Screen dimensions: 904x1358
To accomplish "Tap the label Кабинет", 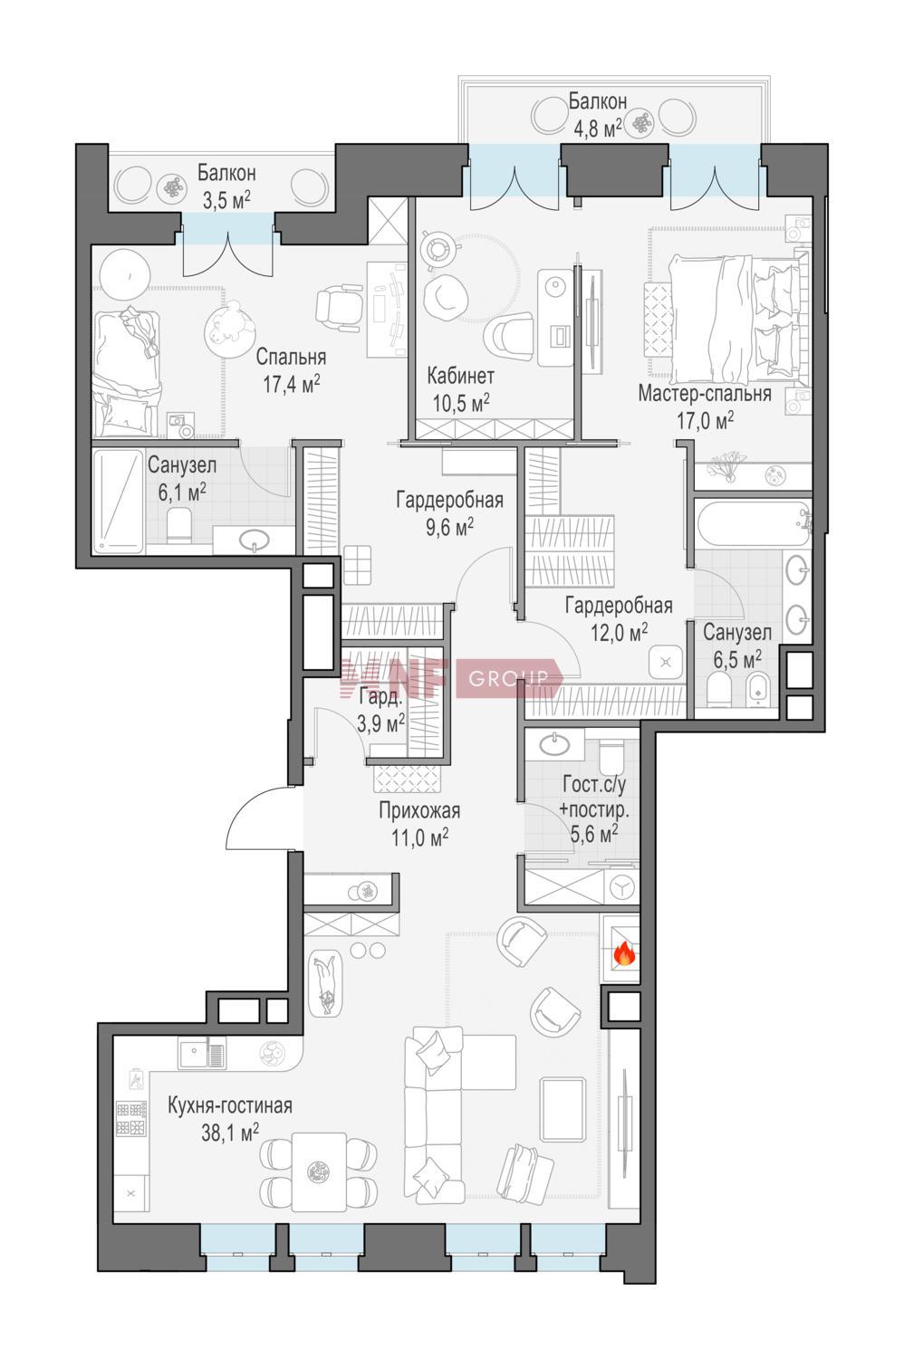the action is [x=460, y=376].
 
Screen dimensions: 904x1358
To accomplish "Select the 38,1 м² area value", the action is [x=230, y=1132].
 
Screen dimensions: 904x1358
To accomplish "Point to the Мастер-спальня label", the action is [x=705, y=394].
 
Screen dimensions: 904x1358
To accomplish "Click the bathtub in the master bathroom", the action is [x=753, y=523].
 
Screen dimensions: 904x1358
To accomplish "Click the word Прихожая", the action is [x=419, y=810].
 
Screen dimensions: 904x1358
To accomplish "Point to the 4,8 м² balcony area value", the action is [x=598, y=128].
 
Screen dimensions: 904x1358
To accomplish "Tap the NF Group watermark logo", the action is [x=452, y=677].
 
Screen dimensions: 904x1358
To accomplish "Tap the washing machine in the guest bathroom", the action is [x=620, y=886].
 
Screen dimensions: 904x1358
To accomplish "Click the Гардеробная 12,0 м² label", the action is [x=619, y=618].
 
